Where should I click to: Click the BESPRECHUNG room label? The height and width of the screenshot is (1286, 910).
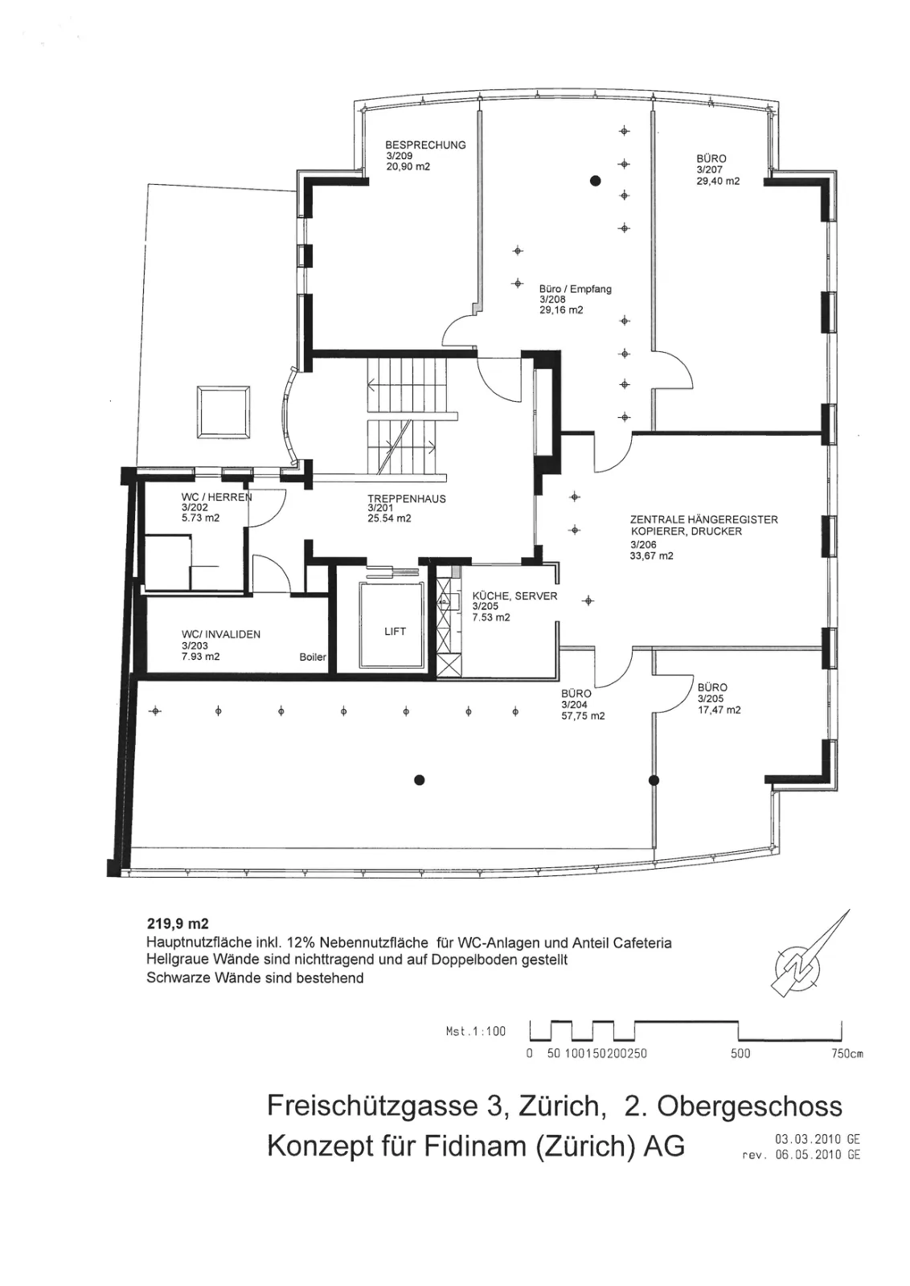(x=425, y=145)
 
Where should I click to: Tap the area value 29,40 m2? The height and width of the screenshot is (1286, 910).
(x=718, y=181)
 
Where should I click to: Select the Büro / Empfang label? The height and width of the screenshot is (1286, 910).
(x=576, y=289)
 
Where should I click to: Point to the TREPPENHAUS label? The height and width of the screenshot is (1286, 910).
(x=407, y=498)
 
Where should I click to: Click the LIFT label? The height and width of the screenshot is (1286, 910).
(x=395, y=631)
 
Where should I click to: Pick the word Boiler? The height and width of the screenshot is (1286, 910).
(x=313, y=657)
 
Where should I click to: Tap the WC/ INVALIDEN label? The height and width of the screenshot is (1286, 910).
(x=221, y=634)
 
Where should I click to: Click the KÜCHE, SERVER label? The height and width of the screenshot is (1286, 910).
(x=514, y=596)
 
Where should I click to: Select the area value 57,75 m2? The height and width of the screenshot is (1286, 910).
(x=584, y=716)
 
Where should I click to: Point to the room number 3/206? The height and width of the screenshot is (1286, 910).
(x=644, y=544)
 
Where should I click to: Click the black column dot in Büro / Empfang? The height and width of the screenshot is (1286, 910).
(x=596, y=181)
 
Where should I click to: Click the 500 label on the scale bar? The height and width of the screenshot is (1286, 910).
(x=740, y=1054)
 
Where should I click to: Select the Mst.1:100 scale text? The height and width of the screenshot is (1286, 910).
(x=475, y=1031)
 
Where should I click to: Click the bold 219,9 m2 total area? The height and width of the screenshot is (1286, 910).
(x=178, y=924)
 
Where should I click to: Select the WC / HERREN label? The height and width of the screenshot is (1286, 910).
(x=217, y=498)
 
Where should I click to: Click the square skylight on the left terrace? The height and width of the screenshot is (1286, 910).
(x=223, y=412)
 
